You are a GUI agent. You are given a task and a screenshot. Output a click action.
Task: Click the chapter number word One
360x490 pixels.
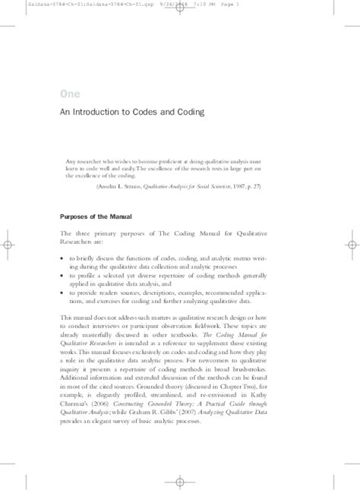tap(69, 93)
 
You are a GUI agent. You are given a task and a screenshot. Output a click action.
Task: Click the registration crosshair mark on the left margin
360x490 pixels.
tap(8, 245)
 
